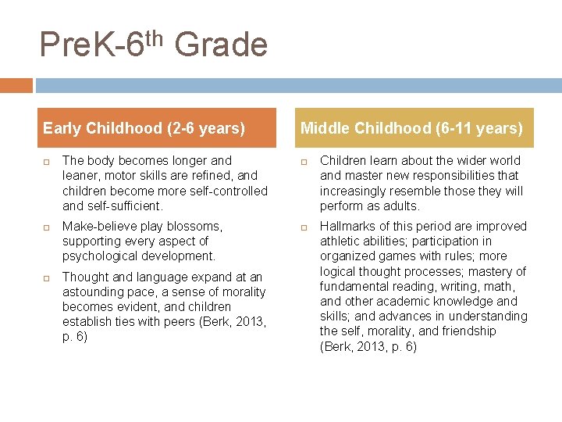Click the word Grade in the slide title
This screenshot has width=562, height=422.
pos(221,45)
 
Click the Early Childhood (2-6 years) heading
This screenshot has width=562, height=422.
pos(144,128)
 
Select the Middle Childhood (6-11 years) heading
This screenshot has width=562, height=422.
pos(411,128)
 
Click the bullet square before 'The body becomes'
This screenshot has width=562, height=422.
pos(47,161)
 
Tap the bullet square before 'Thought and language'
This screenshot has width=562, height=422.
pos(47,277)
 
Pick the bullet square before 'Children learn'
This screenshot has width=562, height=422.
pos(305,161)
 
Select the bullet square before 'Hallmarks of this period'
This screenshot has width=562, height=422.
pos(305,227)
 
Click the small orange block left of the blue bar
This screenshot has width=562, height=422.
pos(16,85)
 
